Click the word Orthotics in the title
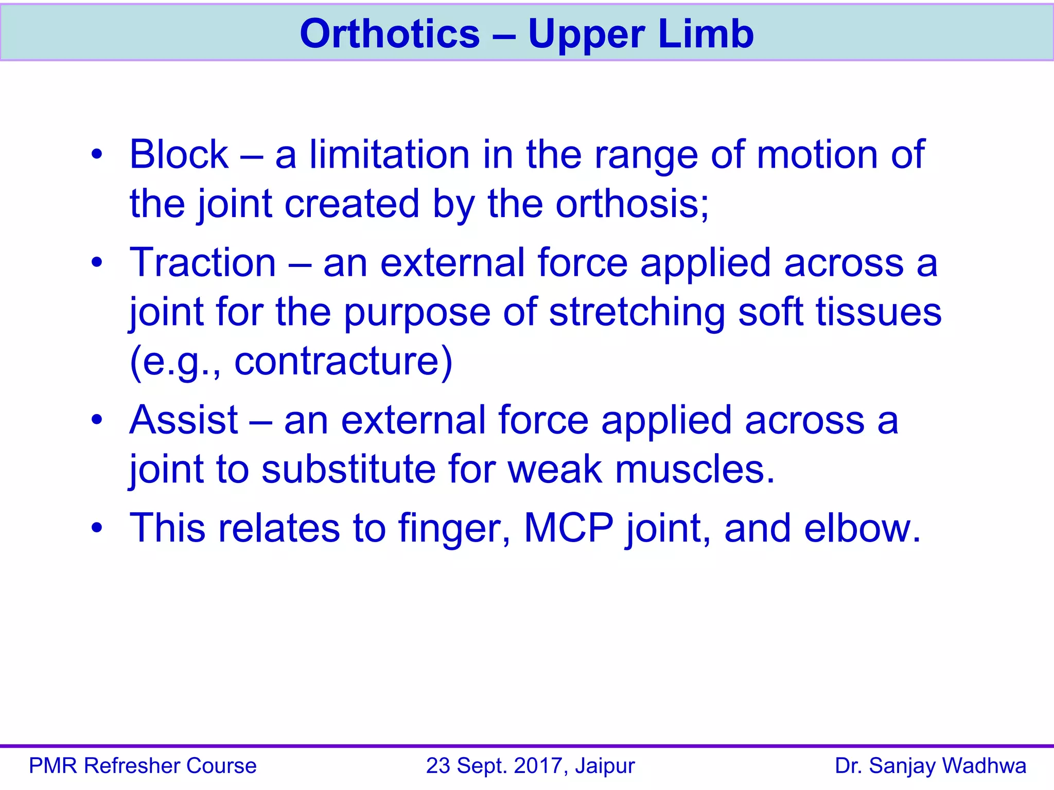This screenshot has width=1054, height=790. click(390, 34)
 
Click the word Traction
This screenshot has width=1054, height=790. click(203, 263)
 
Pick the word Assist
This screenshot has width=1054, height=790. click(184, 420)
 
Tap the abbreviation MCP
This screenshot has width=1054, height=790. click(568, 528)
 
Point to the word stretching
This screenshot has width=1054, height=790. click(637, 313)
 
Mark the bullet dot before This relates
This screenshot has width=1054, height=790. click(97, 528)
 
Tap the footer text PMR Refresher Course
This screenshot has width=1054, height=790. click(143, 766)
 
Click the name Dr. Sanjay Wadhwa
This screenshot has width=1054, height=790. click(930, 766)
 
